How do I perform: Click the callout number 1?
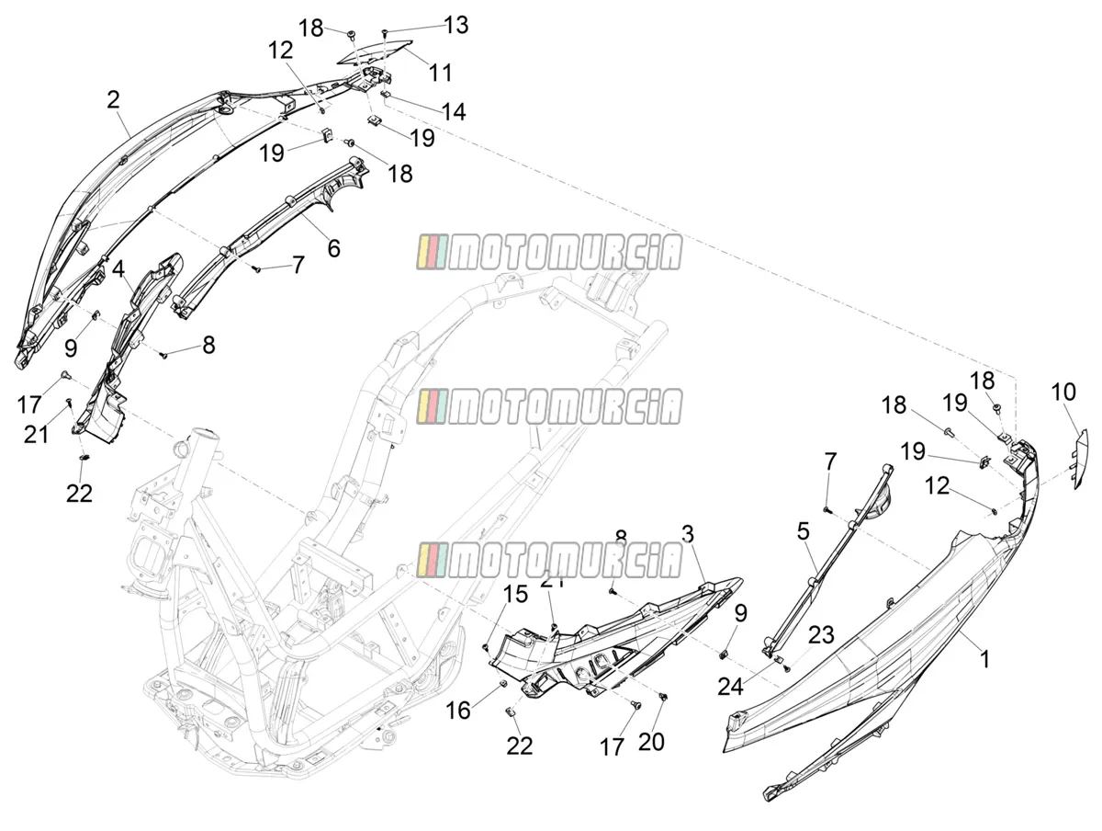pos(985,659)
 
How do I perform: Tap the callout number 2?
pos(114,99)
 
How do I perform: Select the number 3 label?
pos(687,534)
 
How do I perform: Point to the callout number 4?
pos(118,269)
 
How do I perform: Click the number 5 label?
pos(804,531)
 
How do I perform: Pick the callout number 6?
pos(334,248)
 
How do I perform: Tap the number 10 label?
pos(1063,392)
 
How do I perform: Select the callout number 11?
pos(440,73)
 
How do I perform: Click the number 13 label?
pos(455,25)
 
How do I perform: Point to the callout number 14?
pos(454,111)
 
